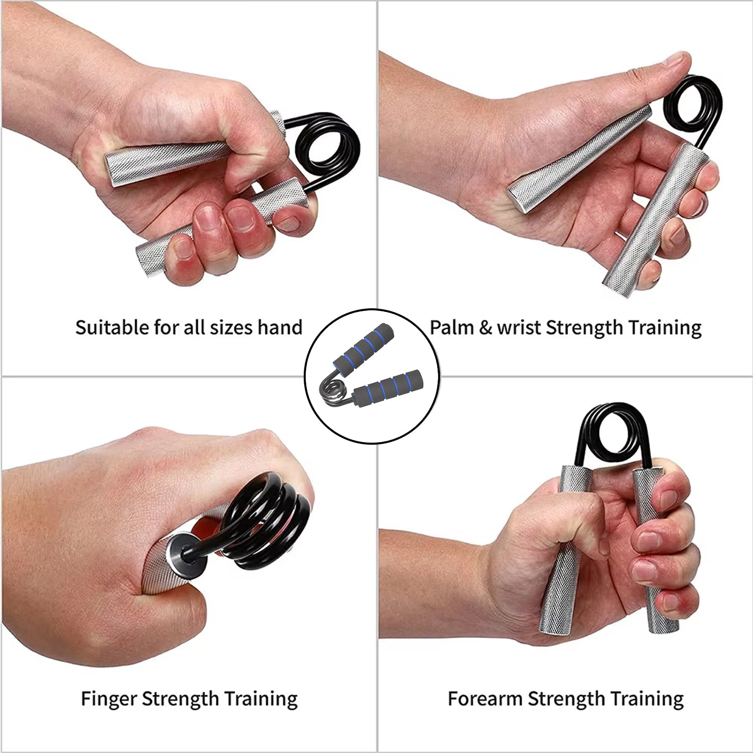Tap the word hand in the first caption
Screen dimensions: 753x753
[280, 327]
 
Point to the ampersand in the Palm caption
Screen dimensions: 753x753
[485, 327]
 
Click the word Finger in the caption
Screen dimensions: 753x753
[109, 699]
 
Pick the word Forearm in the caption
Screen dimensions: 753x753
[485, 699]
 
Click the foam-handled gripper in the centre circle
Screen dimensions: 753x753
[372, 371]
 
